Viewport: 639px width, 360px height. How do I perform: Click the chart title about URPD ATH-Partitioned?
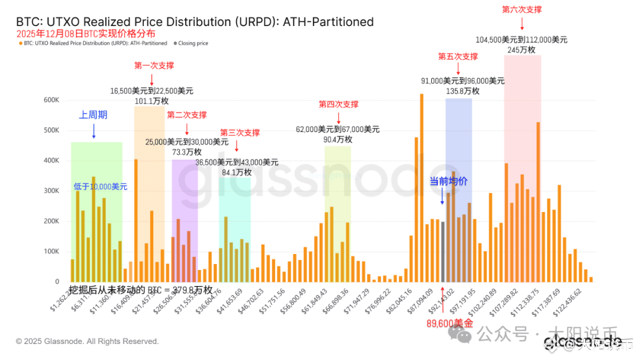tap(195, 22)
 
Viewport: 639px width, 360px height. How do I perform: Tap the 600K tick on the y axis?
tap(51, 100)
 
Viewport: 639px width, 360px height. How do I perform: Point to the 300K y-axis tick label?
tap(51, 191)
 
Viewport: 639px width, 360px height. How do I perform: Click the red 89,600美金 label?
tap(450, 323)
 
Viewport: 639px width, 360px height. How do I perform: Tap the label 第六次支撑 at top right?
tap(522, 9)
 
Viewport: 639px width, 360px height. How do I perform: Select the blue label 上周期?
tap(93, 115)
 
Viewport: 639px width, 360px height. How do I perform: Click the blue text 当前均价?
tap(448, 181)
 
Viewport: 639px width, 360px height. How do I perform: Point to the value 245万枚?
tap(521, 50)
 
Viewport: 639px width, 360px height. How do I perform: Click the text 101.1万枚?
tap(151, 101)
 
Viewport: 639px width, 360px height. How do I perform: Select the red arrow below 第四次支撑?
tap(338, 117)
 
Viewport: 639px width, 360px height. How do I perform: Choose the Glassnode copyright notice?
tap(88, 342)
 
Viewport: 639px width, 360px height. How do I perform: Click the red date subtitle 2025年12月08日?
tap(86, 34)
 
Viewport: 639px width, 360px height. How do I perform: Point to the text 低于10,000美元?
tap(101, 187)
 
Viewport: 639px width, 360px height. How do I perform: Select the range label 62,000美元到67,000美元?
tap(338, 129)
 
